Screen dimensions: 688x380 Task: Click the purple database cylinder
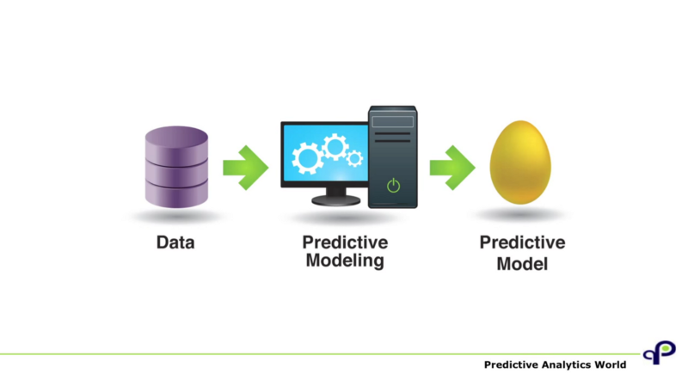tap(176, 167)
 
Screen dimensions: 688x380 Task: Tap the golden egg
tap(520, 162)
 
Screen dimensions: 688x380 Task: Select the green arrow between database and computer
tap(246, 168)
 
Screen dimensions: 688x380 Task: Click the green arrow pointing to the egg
tap(452, 168)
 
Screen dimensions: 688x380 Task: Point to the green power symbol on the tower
tap(394, 186)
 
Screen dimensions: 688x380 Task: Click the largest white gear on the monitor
tap(308, 158)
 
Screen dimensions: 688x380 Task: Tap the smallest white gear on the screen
tap(354, 158)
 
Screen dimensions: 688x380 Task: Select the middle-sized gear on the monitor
tap(335, 147)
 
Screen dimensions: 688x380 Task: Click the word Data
tap(175, 242)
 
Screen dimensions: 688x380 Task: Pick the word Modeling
tap(345, 260)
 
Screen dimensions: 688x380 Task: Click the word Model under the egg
tap(522, 264)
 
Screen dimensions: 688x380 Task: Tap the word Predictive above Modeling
tap(345, 242)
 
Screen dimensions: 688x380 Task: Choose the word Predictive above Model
tap(522, 242)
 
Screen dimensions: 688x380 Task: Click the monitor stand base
tap(336, 200)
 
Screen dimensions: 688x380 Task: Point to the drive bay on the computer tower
tap(393, 121)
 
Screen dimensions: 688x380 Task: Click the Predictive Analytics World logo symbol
tap(660, 352)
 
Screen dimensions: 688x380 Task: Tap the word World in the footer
tap(611, 365)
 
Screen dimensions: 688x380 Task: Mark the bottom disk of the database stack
tap(176, 194)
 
